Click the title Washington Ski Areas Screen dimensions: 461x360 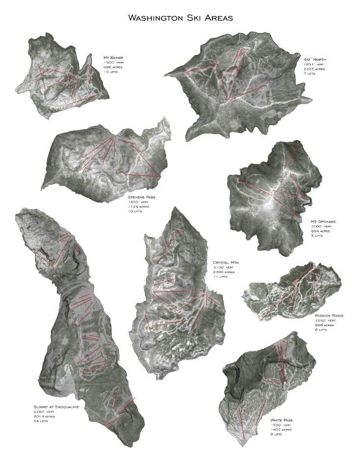180,18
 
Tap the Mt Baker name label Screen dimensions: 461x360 113,57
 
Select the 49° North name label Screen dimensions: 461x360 315,59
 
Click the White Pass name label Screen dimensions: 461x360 284,421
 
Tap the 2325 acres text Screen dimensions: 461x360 315,69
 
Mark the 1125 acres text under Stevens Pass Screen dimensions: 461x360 138,207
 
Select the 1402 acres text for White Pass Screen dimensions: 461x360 281,430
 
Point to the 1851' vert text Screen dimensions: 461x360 314,64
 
